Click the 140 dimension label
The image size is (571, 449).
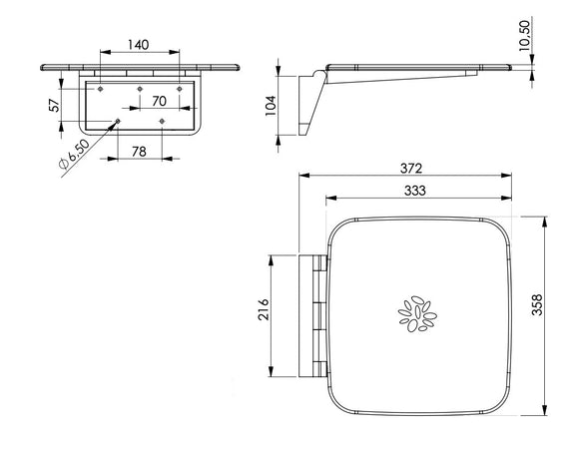click(139, 45)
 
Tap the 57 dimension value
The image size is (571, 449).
click(54, 105)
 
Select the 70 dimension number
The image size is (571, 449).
click(159, 101)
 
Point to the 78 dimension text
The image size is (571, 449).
click(139, 152)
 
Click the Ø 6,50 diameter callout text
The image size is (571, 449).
click(74, 154)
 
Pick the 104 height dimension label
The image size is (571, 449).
click(271, 106)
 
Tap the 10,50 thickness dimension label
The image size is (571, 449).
click(524, 35)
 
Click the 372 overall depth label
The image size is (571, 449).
click(411, 168)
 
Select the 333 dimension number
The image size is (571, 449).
click(415, 191)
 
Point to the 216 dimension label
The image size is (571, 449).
click(263, 309)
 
